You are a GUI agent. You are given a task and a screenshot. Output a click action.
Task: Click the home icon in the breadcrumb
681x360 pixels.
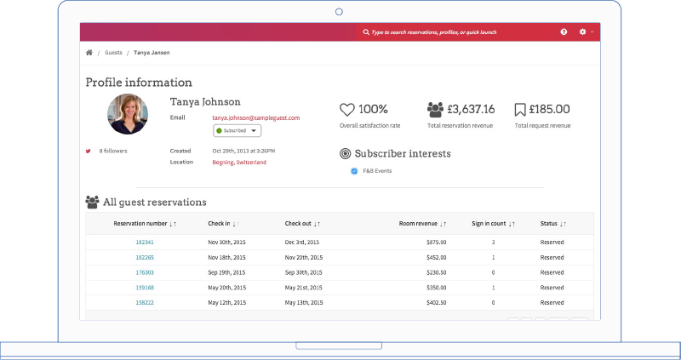[x=89, y=53]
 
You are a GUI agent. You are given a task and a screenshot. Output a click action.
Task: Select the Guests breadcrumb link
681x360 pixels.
[x=112, y=53]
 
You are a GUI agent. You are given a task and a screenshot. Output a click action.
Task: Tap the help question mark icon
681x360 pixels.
[x=564, y=32]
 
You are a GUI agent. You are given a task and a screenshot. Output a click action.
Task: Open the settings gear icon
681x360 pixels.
[x=583, y=32]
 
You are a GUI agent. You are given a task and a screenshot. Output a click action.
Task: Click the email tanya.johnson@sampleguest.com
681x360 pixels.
[x=255, y=117]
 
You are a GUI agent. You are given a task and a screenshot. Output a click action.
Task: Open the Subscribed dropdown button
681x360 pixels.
[x=237, y=130]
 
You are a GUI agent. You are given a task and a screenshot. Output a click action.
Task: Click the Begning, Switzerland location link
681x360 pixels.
[x=239, y=162]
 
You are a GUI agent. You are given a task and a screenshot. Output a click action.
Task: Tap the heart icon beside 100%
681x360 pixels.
[x=346, y=110]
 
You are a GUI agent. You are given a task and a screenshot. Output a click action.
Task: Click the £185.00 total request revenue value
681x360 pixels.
[x=549, y=109]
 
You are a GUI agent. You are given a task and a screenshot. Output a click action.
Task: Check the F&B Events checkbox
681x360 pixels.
[x=354, y=171]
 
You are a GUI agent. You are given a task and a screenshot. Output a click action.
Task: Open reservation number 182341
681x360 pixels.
[x=145, y=243]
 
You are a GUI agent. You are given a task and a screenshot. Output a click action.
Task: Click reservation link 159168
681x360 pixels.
[x=145, y=288]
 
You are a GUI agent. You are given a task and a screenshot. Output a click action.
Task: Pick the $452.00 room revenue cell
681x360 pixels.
[x=436, y=257]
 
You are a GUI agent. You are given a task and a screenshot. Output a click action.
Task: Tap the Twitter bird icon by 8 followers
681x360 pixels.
[x=88, y=151]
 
